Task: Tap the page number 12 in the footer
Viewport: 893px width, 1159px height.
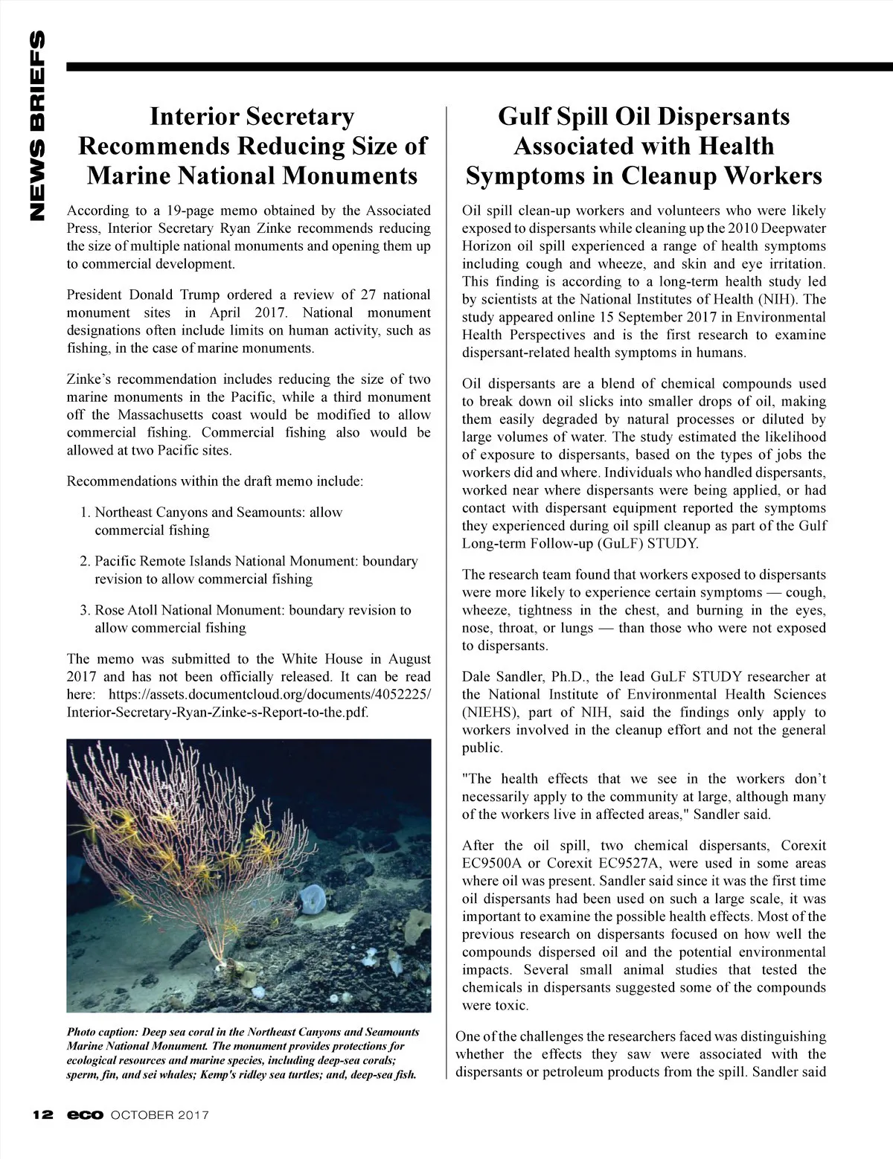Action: tap(42, 1115)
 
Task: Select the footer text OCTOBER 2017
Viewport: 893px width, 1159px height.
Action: tap(159, 1115)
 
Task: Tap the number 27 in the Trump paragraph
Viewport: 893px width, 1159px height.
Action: tap(369, 295)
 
